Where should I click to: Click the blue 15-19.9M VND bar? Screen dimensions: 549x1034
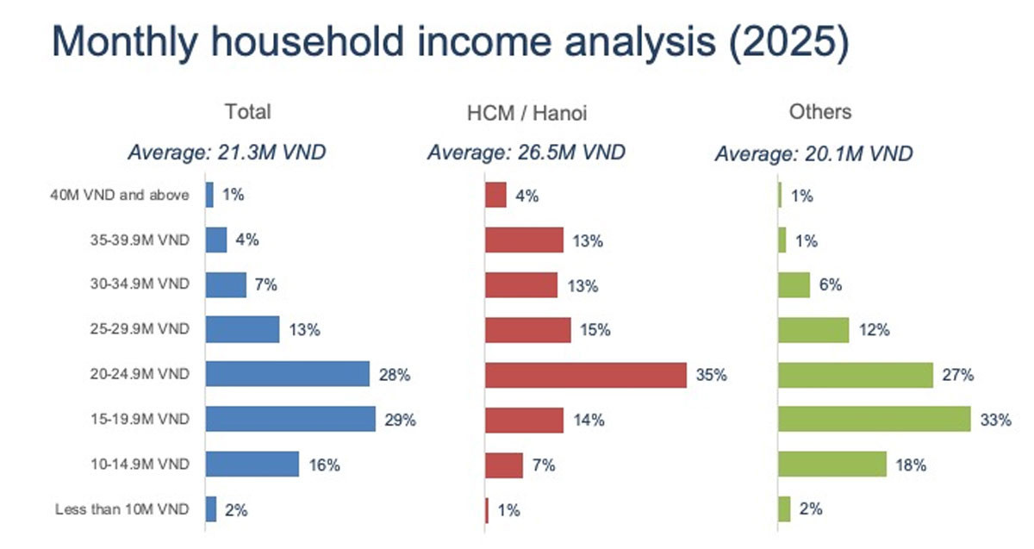(290, 420)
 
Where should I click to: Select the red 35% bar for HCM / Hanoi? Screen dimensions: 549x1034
(586, 375)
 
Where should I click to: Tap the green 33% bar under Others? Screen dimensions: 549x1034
(874, 420)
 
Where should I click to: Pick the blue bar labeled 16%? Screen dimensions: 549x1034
(252, 465)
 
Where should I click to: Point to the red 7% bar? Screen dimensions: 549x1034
(504, 465)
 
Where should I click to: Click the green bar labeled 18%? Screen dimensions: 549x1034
(832, 465)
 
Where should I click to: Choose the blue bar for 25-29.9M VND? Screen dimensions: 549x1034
(242, 329)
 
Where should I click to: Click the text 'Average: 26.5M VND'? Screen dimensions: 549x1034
(526, 153)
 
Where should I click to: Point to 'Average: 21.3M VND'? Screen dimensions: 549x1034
(227, 153)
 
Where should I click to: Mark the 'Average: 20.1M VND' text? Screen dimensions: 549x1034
(813, 154)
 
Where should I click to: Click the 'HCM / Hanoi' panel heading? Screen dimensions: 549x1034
(526, 112)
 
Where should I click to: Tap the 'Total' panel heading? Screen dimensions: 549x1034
(247, 111)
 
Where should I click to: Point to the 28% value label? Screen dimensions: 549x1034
(394, 375)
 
